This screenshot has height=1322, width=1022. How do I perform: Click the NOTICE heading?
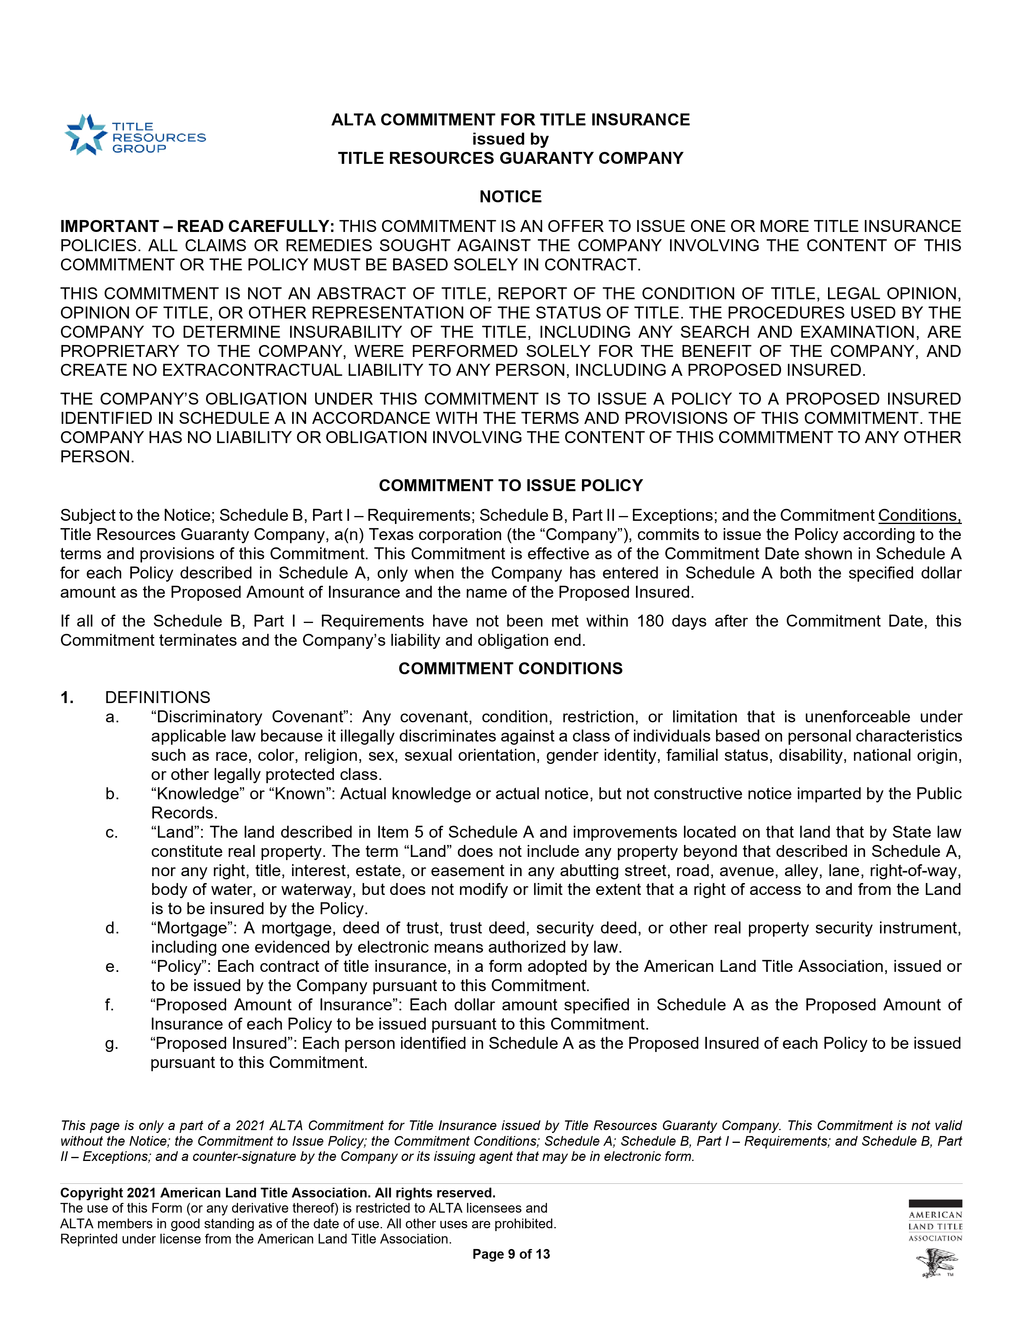coord(510,197)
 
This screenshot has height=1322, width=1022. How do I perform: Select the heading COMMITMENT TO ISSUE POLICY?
coord(510,486)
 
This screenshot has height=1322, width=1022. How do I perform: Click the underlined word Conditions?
coord(919,515)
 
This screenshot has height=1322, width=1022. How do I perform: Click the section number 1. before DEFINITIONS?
coord(67,697)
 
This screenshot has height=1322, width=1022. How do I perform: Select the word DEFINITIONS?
coord(158,697)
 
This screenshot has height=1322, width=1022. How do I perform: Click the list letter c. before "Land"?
coord(111,832)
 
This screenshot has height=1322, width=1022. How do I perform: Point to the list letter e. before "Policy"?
coord(111,967)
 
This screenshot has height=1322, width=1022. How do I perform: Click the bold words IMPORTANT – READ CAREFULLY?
coord(197,226)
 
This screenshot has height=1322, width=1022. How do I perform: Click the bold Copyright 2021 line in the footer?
coord(278,1193)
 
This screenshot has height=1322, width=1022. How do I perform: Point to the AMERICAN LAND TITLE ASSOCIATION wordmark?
coord(935,1226)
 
